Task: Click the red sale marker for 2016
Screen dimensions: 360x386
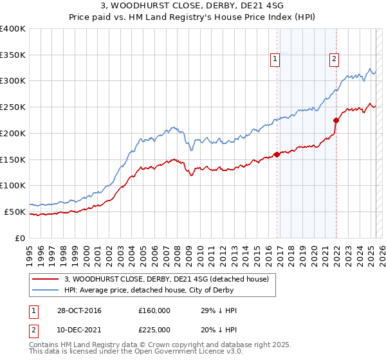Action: [x=277, y=154]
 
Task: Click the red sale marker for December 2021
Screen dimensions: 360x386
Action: [x=336, y=120]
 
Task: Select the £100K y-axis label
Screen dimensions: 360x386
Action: [x=14, y=186]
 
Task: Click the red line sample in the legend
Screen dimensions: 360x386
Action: [x=46, y=278]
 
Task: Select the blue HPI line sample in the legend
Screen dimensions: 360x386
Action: [x=46, y=290]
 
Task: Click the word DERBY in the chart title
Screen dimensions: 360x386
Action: [x=193, y=7]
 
